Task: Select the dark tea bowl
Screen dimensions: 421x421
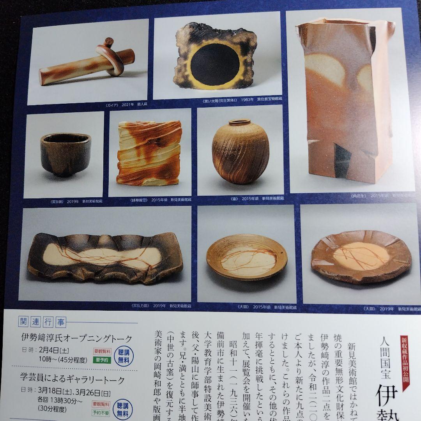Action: [65, 154]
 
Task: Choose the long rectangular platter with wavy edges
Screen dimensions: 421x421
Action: [105, 257]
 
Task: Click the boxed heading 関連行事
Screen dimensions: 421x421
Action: [43, 322]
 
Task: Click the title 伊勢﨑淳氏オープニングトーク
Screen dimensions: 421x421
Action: [77, 338]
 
